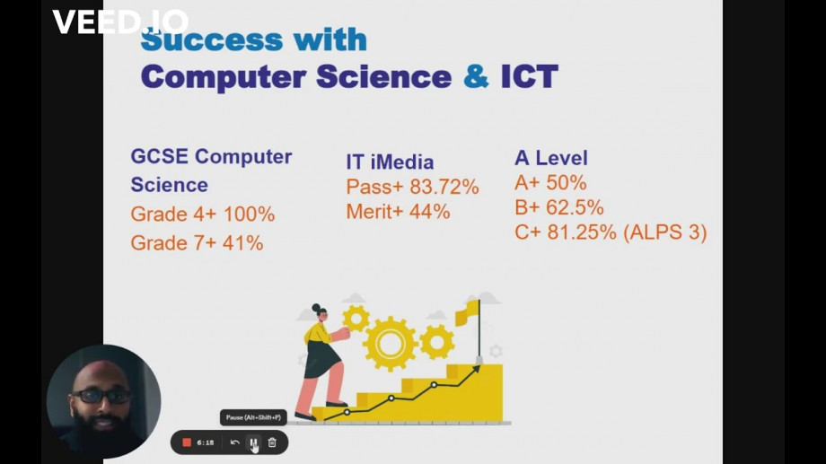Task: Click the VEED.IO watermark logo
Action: tap(120, 22)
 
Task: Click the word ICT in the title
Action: tap(529, 76)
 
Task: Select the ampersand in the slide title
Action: tap(476, 76)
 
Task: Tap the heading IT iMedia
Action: tap(390, 162)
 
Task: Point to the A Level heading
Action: tap(551, 158)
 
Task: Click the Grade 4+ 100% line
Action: tap(203, 214)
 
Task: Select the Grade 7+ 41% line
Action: tap(197, 243)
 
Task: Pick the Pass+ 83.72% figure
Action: tap(412, 187)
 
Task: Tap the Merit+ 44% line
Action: tap(399, 212)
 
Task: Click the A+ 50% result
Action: tap(550, 183)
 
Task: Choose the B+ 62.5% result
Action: tap(559, 207)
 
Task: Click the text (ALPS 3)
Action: tap(664, 232)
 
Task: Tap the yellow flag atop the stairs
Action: tap(468, 312)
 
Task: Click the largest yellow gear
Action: tap(390, 344)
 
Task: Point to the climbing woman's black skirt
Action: tap(321, 358)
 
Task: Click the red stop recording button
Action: tap(187, 442)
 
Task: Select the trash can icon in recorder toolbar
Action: tap(272, 442)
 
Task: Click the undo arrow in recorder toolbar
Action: tap(235, 442)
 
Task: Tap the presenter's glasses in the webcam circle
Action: tap(101, 396)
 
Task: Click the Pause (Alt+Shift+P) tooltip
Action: tap(253, 417)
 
